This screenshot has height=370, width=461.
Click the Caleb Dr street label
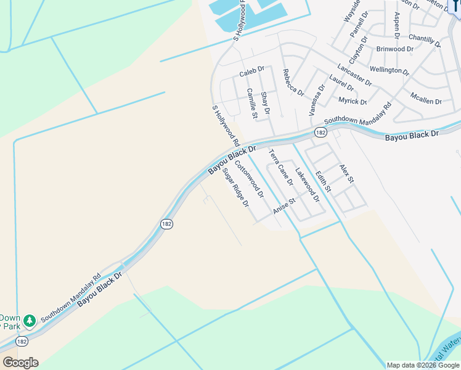pos(251,72)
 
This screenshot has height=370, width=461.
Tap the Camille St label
pos(251,103)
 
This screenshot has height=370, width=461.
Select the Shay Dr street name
pos(266,103)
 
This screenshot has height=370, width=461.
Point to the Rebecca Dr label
pos(293,83)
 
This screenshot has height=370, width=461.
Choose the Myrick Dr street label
pos(353,101)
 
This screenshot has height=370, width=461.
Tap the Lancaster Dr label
pos(354,75)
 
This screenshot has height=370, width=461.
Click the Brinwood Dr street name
pos(394,49)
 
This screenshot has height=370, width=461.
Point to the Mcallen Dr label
pos(426,97)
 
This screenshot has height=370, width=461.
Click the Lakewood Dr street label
pos(307,185)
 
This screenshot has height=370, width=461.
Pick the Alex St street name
pos(347,173)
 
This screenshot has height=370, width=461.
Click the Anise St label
pos(285,207)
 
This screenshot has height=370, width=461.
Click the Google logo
pos(20,363)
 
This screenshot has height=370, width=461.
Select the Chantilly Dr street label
pos(425,41)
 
